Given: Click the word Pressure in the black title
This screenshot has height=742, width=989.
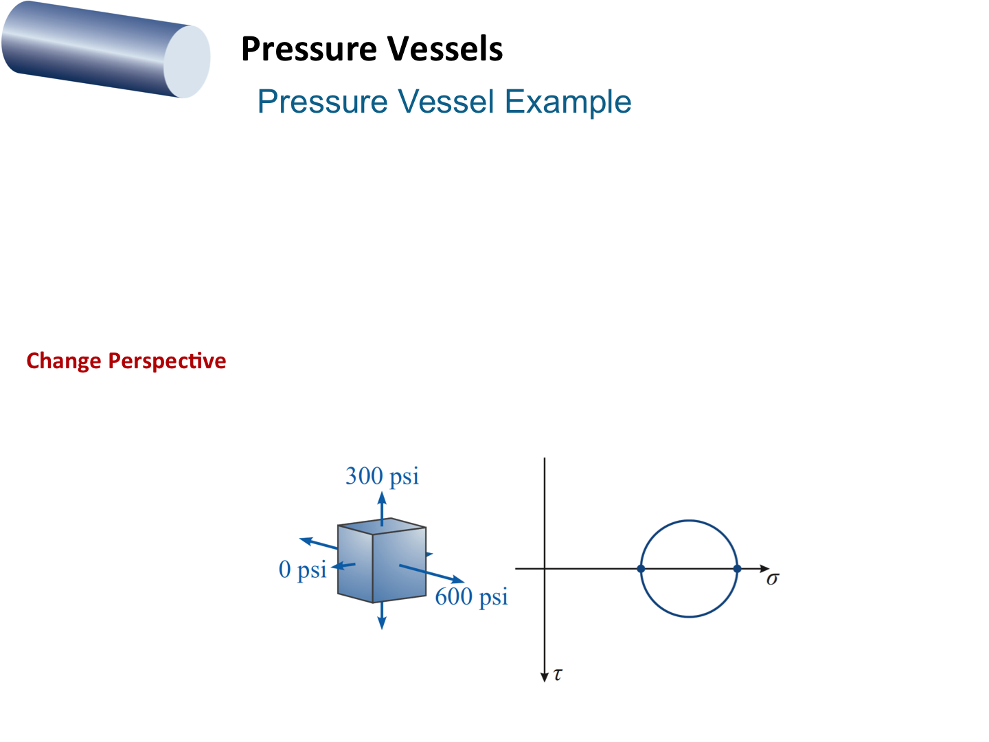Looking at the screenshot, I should pyautogui.click(x=310, y=49).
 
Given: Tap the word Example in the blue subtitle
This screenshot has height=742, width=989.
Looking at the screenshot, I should pyautogui.click(x=567, y=102).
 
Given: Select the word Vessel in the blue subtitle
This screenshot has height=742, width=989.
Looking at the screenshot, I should pyautogui.click(x=444, y=102).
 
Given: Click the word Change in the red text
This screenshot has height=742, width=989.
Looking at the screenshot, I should pyautogui.click(x=63, y=361).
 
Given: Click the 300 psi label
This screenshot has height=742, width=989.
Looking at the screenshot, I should pyautogui.click(x=382, y=475).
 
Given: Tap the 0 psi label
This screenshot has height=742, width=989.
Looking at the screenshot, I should pyautogui.click(x=302, y=570).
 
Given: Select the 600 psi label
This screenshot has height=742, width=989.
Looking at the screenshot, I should pyautogui.click(x=471, y=596).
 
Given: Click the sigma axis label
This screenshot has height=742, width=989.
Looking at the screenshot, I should pyautogui.click(x=773, y=579).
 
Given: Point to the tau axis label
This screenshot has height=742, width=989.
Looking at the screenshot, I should pyautogui.click(x=558, y=675).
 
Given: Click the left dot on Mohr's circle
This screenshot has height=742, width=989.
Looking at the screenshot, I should pyautogui.click(x=641, y=569).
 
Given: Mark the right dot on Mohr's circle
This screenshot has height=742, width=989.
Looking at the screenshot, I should pyautogui.click(x=737, y=569).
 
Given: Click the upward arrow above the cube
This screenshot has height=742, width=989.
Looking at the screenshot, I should pyautogui.click(x=382, y=506).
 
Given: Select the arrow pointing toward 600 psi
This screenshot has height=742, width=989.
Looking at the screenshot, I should pyautogui.click(x=433, y=574).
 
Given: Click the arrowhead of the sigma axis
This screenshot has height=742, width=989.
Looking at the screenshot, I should pyautogui.click(x=764, y=569).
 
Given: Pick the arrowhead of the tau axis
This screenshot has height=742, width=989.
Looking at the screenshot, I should pyautogui.click(x=545, y=676).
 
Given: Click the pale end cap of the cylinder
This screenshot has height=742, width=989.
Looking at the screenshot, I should pyautogui.click(x=187, y=62).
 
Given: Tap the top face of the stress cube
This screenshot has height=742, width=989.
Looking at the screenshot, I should pyautogui.click(x=382, y=526).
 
